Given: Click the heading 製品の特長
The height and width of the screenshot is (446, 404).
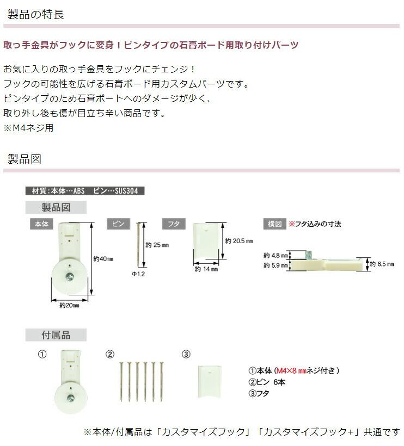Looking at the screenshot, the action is click(36, 14).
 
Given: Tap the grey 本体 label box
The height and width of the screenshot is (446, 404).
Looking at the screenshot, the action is click(41, 223).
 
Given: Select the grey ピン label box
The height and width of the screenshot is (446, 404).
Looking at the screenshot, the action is click(118, 224).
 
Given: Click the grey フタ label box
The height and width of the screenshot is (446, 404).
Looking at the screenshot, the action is click(174, 224).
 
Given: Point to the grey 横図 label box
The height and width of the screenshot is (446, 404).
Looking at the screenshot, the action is click(274, 224).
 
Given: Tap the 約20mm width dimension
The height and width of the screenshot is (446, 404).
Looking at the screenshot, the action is click(69, 305).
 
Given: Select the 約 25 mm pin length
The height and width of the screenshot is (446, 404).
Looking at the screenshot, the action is click(157, 245).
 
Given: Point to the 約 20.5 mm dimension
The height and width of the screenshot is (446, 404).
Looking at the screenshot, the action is click(239, 240).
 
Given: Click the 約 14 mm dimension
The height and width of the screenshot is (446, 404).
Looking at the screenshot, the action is click(206, 269).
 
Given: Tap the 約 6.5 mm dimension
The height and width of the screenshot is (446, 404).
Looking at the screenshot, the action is click(385, 264).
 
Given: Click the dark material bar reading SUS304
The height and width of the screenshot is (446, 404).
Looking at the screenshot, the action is click(85, 191).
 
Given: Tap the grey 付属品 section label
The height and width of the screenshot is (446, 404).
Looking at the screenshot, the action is click(56, 334).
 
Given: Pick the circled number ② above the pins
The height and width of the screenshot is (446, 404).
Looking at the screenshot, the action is click(110, 355).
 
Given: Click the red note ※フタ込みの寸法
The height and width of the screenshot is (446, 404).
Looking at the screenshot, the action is click(315, 224).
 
